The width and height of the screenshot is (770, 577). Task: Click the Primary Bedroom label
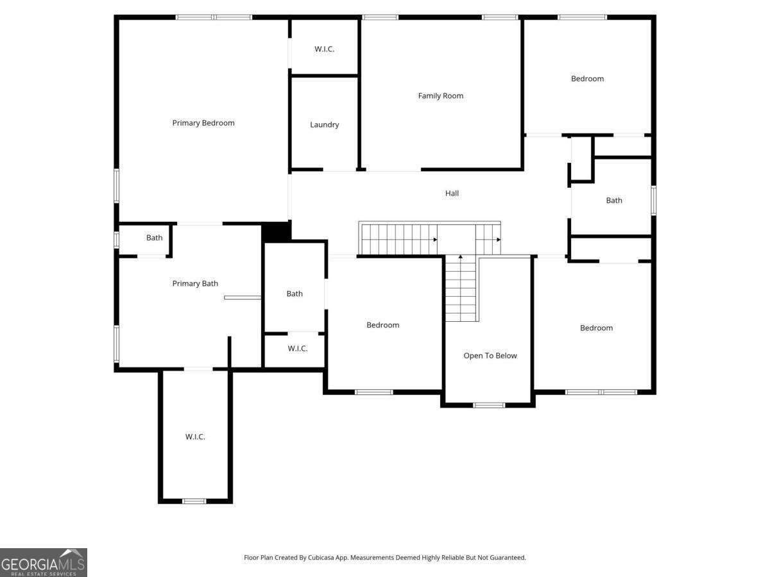click(203, 123)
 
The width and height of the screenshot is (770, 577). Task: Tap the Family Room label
click(441, 96)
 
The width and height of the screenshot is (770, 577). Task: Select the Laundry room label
click(325, 125)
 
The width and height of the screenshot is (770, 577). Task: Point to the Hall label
click(452, 193)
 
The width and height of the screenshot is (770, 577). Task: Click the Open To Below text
click(490, 356)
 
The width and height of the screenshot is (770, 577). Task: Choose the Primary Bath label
click(195, 283)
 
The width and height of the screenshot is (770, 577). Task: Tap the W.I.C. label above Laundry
click(324, 49)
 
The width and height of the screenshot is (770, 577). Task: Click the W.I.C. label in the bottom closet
click(195, 437)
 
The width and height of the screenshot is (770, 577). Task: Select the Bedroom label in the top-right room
click(587, 78)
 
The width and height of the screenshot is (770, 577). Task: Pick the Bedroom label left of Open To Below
click(382, 325)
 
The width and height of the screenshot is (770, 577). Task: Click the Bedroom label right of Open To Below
click(596, 328)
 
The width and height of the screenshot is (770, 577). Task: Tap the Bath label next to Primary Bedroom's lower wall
click(155, 237)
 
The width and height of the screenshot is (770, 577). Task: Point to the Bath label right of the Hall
click(614, 201)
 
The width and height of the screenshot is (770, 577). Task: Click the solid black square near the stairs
click(277, 231)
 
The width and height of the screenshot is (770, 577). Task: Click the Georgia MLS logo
click(44, 562)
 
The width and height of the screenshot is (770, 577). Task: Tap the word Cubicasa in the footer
click(321, 557)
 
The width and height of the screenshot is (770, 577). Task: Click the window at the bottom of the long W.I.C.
click(194, 501)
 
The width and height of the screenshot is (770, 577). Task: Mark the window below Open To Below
click(489, 405)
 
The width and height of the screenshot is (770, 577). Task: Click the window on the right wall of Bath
click(653, 201)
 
